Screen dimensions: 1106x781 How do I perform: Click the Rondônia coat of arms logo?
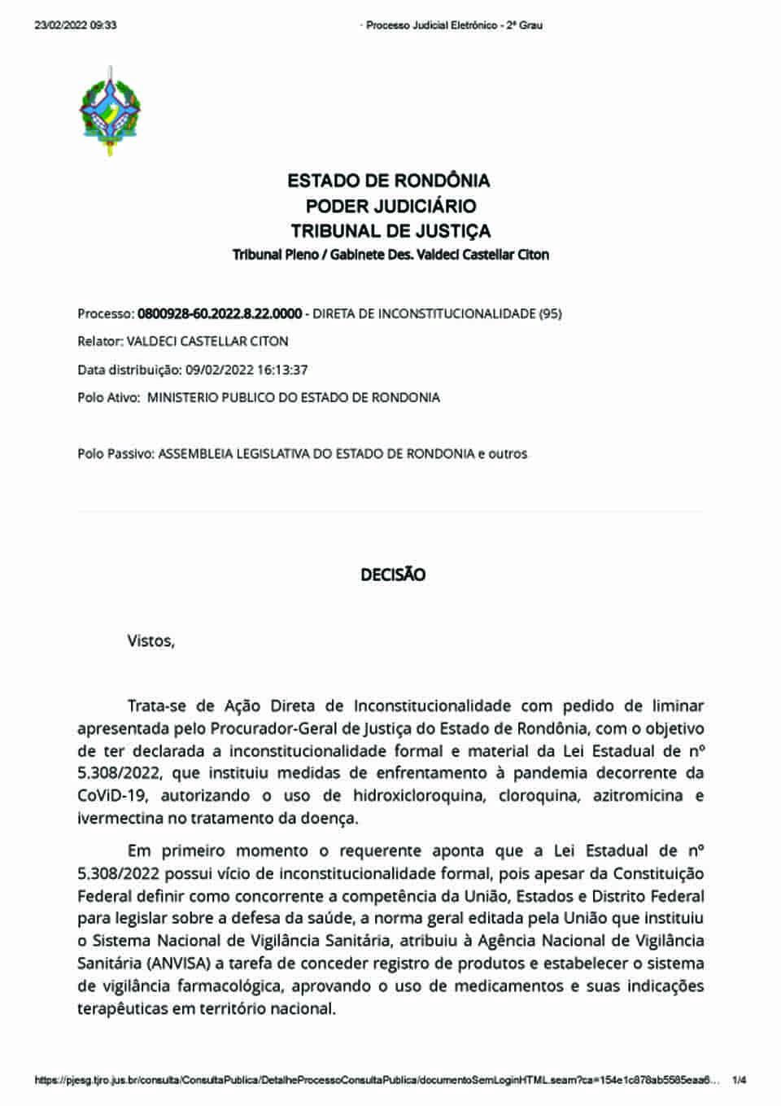(x=110, y=112)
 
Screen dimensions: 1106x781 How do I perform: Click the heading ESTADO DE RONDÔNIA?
(x=389, y=181)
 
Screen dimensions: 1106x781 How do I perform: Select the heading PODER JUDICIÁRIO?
(x=390, y=206)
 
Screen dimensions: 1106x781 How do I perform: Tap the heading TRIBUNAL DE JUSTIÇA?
(x=390, y=231)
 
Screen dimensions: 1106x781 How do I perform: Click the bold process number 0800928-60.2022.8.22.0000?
(x=220, y=313)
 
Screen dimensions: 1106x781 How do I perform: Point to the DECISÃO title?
(x=393, y=575)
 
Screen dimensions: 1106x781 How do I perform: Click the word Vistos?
(x=151, y=641)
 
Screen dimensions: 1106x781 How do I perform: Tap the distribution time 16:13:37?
(x=282, y=369)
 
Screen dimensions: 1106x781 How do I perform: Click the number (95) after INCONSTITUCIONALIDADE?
(x=550, y=313)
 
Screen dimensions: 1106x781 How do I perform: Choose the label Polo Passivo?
(x=116, y=453)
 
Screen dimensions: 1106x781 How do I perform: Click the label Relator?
(x=100, y=342)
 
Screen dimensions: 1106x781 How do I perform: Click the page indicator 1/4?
(x=740, y=1081)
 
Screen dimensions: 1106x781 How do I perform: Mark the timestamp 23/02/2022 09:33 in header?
(x=76, y=25)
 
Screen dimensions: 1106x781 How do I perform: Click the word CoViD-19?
(x=112, y=796)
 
